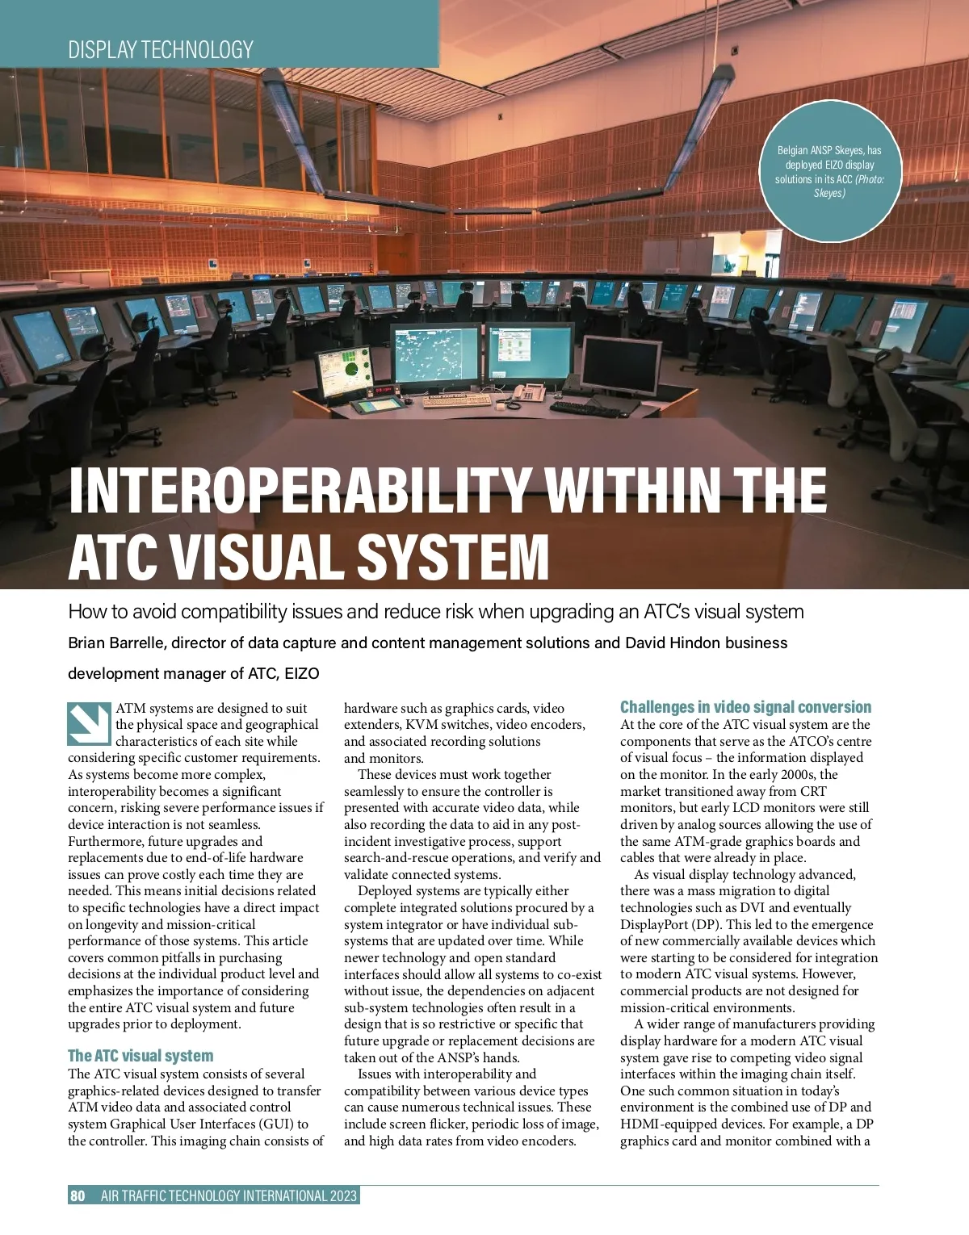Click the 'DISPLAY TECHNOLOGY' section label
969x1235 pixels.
(161, 50)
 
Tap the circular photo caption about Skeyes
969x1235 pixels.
(829, 171)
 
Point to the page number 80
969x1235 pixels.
(78, 1195)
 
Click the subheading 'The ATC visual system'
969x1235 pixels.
(141, 1056)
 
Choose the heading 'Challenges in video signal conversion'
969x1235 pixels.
(745, 707)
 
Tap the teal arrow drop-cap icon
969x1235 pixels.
(88, 724)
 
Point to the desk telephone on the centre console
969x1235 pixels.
(529, 393)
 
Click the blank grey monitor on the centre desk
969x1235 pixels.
(611, 365)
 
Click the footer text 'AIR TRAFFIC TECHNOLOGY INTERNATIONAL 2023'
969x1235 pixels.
(229, 1195)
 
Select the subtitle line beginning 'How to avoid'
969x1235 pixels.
(436, 612)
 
